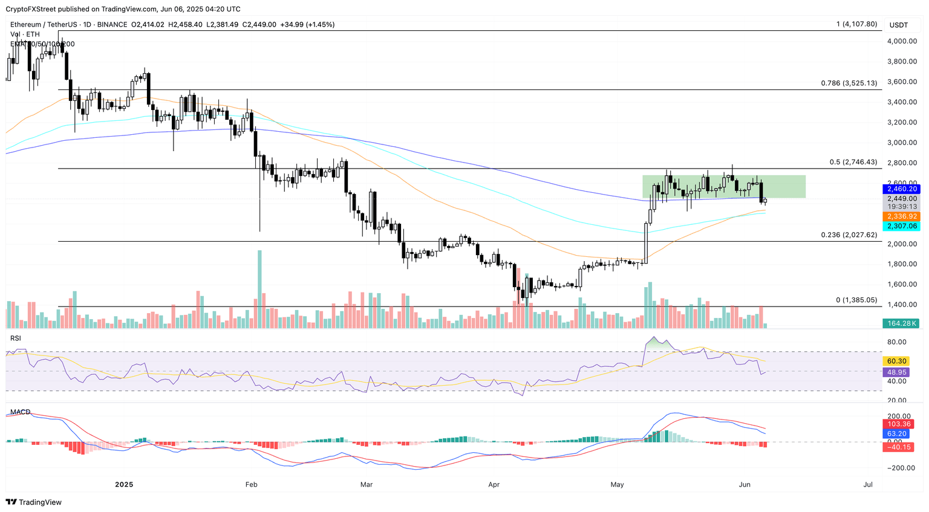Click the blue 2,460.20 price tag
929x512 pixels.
coord(902,189)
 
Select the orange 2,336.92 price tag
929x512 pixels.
coord(902,216)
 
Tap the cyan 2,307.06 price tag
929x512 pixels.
coord(902,226)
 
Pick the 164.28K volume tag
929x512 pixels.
coord(902,323)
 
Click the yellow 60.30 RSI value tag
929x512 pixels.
coord(897,361)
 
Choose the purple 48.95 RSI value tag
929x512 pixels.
coord(897,372)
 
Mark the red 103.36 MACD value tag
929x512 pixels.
coord(898,424)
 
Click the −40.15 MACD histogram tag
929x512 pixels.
coord(898,447)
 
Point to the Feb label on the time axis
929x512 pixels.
coord(251,485)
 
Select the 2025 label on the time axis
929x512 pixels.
coord(124,485)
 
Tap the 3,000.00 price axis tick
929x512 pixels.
coord(902,143)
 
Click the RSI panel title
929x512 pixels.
coord(16,339)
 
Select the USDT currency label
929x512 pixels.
coord(899,25)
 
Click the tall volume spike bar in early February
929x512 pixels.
coord(259,289)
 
